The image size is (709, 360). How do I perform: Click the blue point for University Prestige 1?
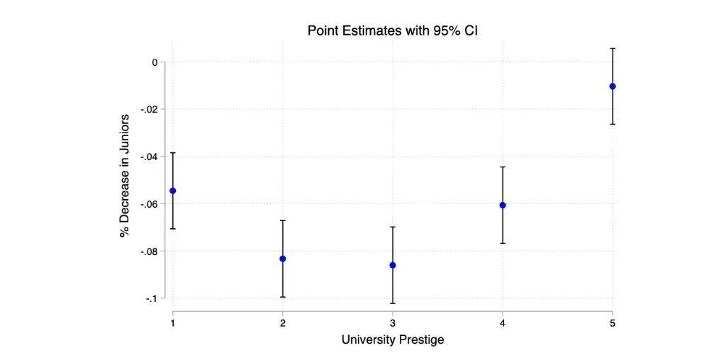[172, 191]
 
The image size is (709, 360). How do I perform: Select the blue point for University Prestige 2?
[282, 259]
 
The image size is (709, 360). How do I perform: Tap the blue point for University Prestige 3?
[392, 265]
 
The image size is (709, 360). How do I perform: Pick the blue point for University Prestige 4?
[503, 205]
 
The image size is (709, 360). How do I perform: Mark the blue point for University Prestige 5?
[613, 86]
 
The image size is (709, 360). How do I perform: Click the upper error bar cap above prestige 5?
[613, 48]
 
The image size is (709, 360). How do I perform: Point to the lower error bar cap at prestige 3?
[392, 303]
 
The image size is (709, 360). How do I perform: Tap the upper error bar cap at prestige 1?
[172, 153]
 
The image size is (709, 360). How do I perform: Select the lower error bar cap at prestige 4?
[503, 243]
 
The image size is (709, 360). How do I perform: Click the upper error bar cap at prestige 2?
[282, 220]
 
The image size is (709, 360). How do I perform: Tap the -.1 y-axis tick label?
[150, 298]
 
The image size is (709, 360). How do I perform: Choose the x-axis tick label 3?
[392, 323]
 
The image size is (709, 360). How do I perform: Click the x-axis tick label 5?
[613, 323]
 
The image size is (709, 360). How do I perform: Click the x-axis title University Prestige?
[392, 340]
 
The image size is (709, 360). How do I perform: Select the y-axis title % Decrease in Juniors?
[125, 175]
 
